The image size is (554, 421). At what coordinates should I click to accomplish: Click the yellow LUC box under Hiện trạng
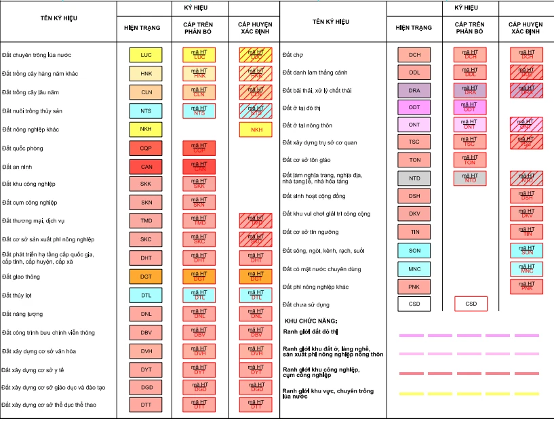146,55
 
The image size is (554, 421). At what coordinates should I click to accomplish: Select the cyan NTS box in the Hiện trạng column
146,111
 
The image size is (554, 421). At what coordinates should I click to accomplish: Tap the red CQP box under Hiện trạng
146,148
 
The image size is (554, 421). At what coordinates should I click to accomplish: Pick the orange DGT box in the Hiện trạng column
146,277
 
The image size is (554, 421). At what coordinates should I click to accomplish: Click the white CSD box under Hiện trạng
414,304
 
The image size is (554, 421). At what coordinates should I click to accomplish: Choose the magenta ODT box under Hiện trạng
414,107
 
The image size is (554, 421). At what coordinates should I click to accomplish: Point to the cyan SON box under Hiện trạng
414,251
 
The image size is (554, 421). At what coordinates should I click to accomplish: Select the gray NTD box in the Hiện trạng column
414,178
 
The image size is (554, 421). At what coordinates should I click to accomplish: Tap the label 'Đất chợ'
293,55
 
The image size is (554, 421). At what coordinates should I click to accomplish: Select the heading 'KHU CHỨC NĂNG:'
311,321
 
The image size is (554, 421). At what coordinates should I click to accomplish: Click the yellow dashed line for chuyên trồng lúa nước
469,393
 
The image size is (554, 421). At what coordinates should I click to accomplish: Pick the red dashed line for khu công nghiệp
469,373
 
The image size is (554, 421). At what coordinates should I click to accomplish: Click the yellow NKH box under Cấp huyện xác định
256,129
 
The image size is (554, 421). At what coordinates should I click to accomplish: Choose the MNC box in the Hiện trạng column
414,269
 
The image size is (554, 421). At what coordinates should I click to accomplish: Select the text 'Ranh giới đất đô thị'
310,332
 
